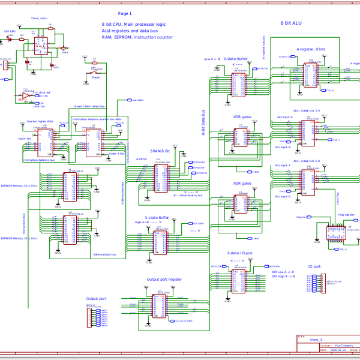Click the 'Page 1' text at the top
[x=125, y=13]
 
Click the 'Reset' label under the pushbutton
[x=95, y=77]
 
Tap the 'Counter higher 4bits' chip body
[x=43, y=140]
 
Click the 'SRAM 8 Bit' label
[x=160, y=151]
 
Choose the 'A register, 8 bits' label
[x=311, y=49]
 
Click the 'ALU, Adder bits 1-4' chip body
[x=310, y=131]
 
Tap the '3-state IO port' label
[x=240, y=253]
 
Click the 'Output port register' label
[x=164, y=280]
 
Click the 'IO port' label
[x=314, y=266]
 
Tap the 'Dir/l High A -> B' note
[x=286, y=277]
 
